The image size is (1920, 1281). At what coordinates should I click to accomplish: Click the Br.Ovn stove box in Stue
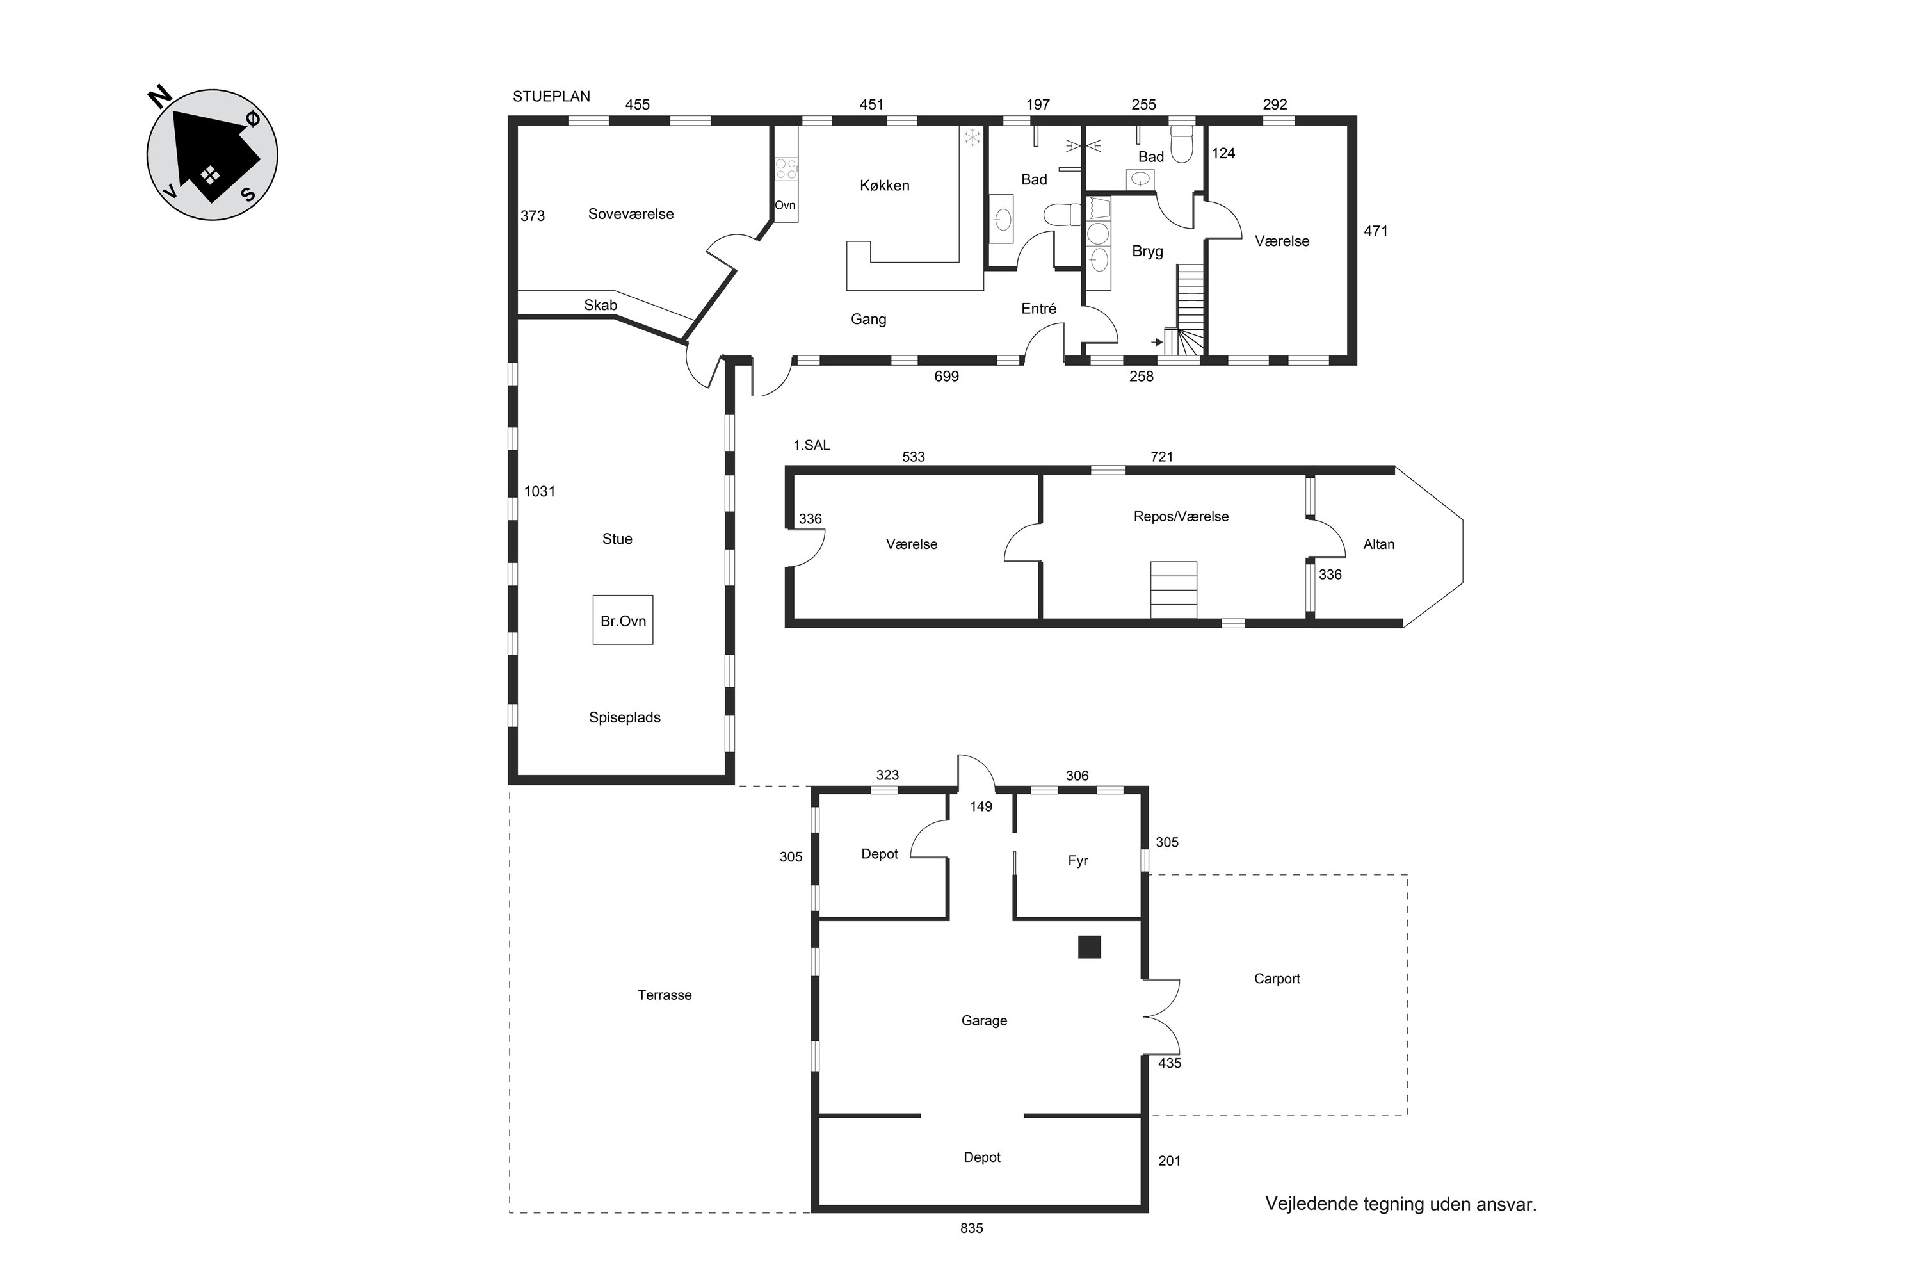pos(622,620)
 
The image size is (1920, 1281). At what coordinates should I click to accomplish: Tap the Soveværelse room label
pos(631,214)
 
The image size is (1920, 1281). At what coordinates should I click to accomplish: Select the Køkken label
pos(885,186)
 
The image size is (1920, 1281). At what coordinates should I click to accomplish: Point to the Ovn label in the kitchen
pos(785,205)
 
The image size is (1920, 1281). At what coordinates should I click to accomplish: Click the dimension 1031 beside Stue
pos(539,491)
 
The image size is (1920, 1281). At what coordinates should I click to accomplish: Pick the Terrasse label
pos(665,995)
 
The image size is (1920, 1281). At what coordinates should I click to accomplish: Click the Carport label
pos(1277,979)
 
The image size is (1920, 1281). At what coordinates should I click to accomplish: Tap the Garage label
pos(984,1020)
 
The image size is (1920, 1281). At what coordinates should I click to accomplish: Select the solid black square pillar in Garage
pos(1090,947)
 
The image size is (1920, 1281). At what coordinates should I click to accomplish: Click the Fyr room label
pos(1078,860)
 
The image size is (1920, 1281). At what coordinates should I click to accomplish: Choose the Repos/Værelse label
pos(1181,516)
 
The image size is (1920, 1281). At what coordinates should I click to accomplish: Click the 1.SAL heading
pos(812,445)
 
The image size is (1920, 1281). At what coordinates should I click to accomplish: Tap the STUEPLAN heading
pos(551,97)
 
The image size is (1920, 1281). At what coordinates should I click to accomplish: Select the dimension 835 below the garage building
pos(972,1228)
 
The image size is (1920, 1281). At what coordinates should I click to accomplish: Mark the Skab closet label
pos(601,305)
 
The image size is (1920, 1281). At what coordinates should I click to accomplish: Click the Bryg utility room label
pos(1147,251)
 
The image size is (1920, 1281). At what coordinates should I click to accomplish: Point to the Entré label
pos(1039,308)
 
